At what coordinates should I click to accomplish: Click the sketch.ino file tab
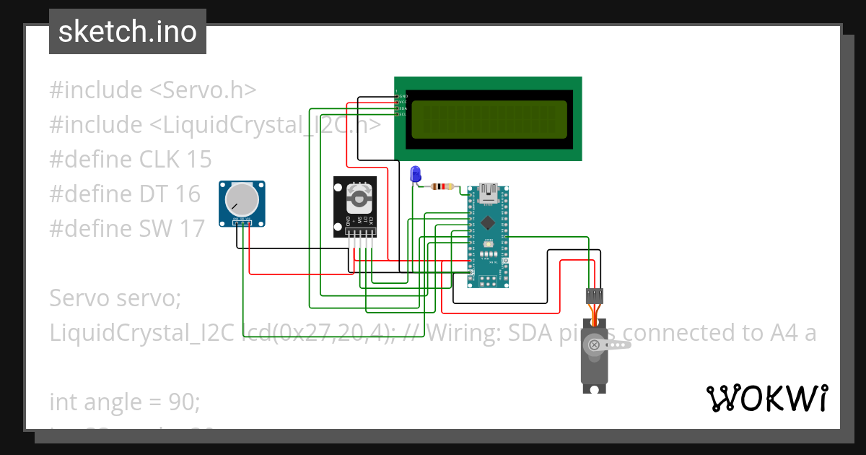pos(127,32)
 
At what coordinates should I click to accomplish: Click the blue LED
pos(415,174)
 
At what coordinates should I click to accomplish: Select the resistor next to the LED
pos(442,186)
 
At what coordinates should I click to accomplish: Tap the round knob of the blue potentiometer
pos(241,198)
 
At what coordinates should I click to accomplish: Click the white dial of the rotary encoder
pos(359,195)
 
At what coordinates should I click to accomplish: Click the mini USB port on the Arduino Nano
pos(489,192)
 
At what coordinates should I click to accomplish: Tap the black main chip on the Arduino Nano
pos(489,222)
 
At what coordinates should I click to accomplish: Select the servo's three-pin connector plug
pos(594,295)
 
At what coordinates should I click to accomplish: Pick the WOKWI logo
pos(766,398)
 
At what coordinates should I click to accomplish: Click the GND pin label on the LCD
pos(403,96)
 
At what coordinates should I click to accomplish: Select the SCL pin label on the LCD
pos(403,114)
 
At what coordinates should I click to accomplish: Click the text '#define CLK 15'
pos(131,159)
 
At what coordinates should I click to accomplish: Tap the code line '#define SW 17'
pos(127,228)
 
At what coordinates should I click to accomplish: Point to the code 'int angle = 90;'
pos(124,402)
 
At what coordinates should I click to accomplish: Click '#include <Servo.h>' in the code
pos(153,90)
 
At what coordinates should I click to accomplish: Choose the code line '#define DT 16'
pos(125,194)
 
